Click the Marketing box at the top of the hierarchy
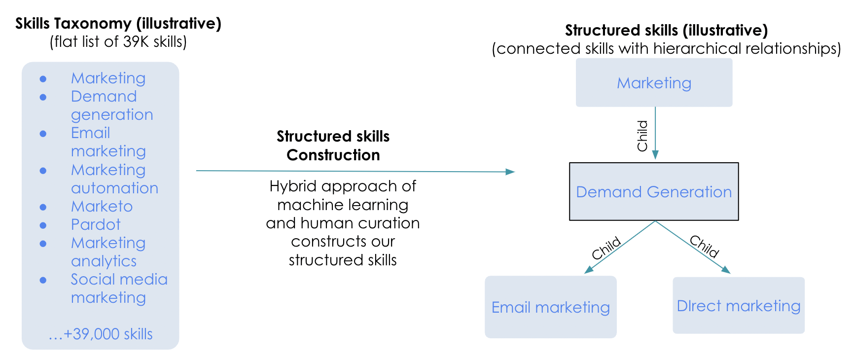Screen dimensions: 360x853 tap(654, 83)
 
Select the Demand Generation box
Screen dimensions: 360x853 tap(654, 192)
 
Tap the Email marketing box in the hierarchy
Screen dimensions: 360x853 tap(550, 307)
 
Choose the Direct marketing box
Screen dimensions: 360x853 tap(738, 306)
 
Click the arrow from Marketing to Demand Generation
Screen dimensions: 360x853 tap(655, 133)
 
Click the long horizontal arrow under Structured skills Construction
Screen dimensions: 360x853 tap(355, 171)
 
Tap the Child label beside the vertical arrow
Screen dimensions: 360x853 tap(642, 136)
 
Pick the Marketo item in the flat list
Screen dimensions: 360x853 tap(102, 206)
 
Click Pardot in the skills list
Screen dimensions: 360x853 tap(96, 224)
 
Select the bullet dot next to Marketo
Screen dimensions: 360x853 tap(43, 207)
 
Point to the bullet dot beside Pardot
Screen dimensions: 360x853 tap(43, 225)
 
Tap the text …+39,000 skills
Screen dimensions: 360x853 tap(101, 334)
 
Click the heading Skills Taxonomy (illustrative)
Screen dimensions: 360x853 tap(118, 23)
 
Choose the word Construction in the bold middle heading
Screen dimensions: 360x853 tap(333, 155)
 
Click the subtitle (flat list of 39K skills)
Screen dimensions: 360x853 tap(118, 42)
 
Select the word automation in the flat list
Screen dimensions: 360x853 tap(114, 188)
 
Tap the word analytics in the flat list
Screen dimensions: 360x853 tap(104, 261)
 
